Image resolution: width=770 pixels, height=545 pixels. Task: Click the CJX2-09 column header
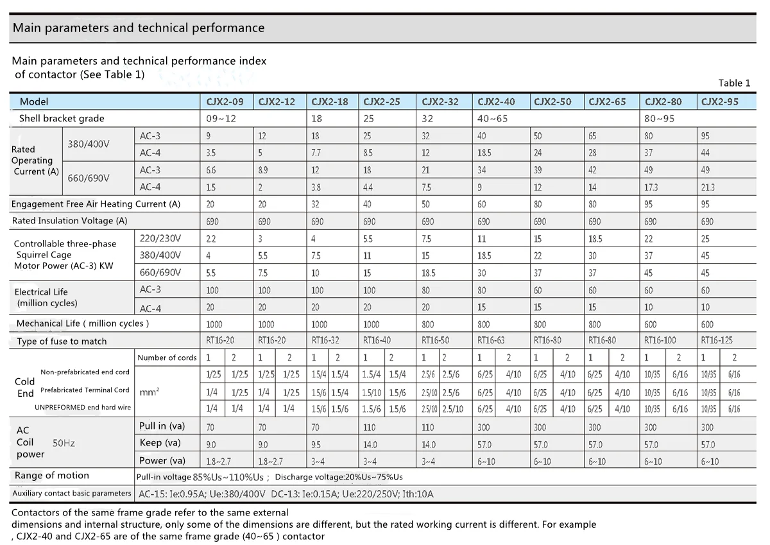coord(225,102)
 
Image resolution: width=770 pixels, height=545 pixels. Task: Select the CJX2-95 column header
coord(719,102)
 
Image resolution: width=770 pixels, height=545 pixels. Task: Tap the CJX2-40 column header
coord(496,102)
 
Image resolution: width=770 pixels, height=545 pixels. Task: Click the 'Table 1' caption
coord(734,83)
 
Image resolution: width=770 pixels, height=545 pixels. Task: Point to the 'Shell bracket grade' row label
coord(62,118)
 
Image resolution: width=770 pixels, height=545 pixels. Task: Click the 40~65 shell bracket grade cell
coord(492,119)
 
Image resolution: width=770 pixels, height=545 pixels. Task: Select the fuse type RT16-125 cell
coord(717,340)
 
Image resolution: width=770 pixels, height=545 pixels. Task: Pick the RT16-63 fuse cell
coord(491,340)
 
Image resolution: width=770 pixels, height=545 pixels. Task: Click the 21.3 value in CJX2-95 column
coord(708,187)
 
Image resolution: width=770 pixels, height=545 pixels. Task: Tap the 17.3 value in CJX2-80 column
coord(651,187)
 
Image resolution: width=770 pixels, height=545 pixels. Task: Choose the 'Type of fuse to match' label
coord(62,341)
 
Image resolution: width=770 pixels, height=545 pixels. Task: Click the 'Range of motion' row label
coord(51,475)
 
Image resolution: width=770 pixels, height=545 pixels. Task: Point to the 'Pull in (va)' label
coord(162,426)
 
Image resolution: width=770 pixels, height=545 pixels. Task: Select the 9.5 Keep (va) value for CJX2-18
coord(316,445)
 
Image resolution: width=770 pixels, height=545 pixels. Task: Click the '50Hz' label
coord(64,443)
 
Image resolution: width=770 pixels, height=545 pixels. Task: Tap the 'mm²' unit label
coord(149,392)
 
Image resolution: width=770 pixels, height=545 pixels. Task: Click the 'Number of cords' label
coord(167,358)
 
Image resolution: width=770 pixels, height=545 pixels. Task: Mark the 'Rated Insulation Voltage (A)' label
coord(69,221)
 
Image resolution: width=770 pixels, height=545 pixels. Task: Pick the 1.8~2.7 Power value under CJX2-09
coord(218,462)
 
